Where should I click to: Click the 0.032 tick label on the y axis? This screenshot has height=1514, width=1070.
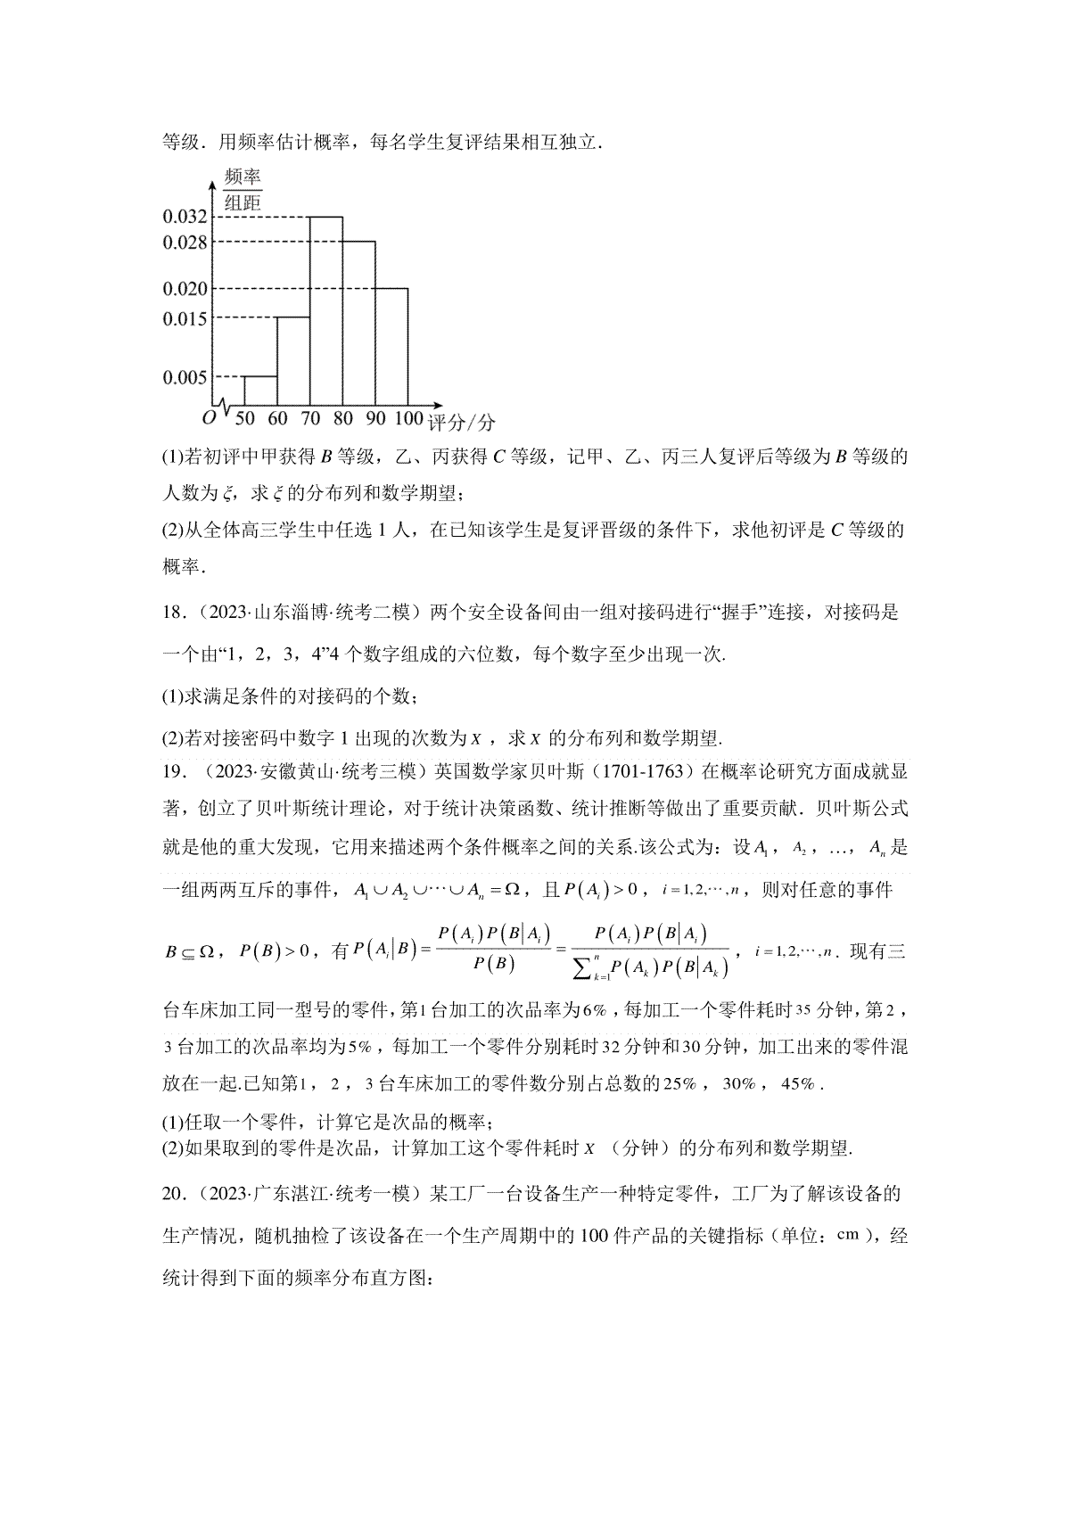click(x=185, y=217)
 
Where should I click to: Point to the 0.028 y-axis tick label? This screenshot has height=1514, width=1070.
click(x=185, y=242)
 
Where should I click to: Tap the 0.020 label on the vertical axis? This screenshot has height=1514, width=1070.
click(x=185, y=289)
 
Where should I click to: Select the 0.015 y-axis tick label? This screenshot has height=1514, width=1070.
click(x=185, y=318)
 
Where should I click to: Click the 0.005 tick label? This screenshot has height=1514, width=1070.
click(x=185, y=377)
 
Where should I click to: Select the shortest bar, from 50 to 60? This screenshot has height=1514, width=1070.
click(x=259, y=391)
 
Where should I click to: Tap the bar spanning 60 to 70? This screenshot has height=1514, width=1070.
click(x=292, y=361)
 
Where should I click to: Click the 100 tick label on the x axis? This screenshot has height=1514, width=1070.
click(x=408, y=418)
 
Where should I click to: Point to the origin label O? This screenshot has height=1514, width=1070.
click(x=208, y=417)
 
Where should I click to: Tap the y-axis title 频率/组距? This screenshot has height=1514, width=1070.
click(x=242, y=189)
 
